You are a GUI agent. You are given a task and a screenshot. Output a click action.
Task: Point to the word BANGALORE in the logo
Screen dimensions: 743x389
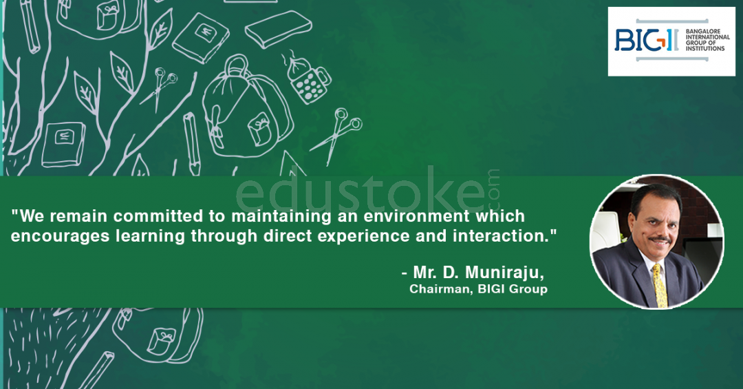(x=703, y=31)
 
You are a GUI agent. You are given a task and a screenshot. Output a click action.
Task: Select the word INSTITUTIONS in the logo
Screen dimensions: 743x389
(x=705, y=48)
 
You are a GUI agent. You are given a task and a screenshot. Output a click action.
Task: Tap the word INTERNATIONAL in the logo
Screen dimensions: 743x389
(x=708, y=37)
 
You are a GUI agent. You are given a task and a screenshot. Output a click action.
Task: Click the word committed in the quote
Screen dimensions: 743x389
(x=158, y=216)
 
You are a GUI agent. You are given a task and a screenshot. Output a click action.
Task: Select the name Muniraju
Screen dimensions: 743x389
(x=502, y=273)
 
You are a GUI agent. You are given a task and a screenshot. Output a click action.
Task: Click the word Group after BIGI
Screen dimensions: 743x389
(x=528, y=289)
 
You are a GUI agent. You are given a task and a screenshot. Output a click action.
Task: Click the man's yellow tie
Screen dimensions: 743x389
(x=659, y=284)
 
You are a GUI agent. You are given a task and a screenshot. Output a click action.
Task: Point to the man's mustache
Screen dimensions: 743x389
(x=660, y=240)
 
